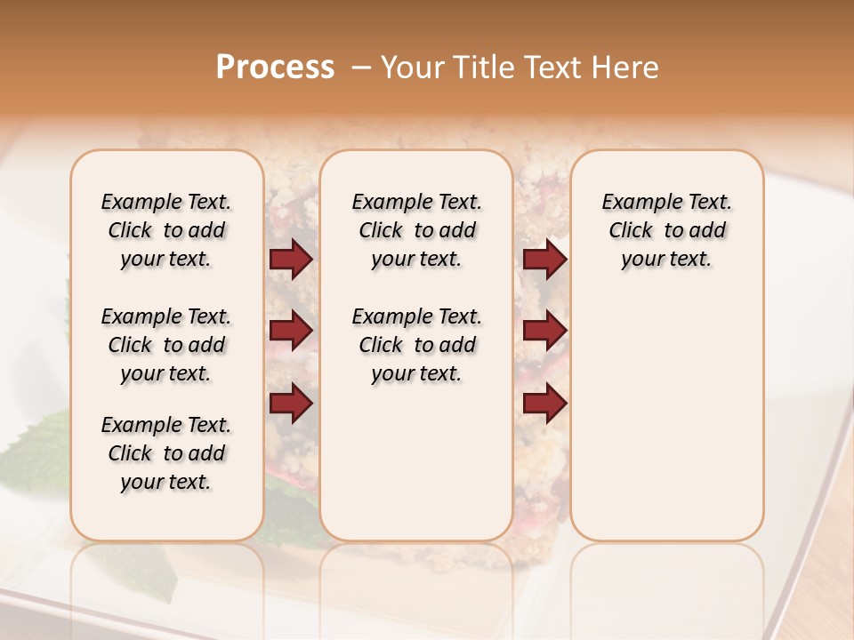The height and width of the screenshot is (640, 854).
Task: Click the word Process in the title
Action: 275,68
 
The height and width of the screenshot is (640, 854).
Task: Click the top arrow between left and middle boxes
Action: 291,260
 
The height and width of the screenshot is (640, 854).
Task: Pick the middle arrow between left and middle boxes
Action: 291,331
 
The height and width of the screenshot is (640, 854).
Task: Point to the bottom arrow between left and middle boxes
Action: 291,403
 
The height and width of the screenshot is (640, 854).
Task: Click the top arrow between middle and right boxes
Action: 544,260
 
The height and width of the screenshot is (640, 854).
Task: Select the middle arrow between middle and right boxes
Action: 544,331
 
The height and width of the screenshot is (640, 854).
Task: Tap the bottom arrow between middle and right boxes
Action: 544,403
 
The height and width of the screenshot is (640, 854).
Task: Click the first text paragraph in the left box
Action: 166,230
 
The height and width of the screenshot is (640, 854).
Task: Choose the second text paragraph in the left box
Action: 166,345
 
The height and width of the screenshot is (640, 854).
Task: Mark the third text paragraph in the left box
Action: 166,453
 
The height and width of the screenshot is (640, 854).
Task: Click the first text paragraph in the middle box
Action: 416,230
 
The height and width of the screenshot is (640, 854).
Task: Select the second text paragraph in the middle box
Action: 416,345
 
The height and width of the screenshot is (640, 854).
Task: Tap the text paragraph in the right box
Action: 667,230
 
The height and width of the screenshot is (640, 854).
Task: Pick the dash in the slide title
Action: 360,68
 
